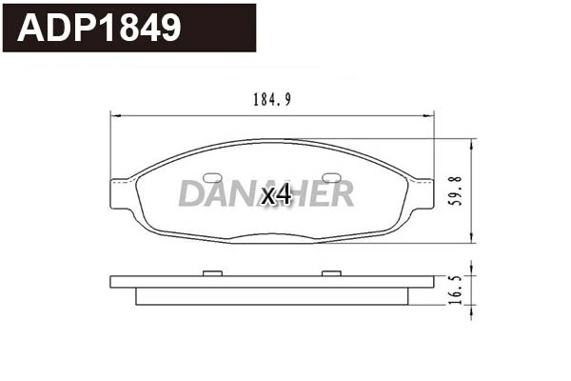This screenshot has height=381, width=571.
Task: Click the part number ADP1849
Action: tap(100, 28)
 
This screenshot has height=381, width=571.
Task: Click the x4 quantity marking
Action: tap(275, 194)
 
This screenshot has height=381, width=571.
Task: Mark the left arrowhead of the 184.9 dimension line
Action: tap(117, 115)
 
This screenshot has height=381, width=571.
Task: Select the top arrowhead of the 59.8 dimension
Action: tap(473, 143)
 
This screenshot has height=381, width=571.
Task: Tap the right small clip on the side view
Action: tap(330, 274)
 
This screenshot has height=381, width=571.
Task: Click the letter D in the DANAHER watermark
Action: tap(189, 194)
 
